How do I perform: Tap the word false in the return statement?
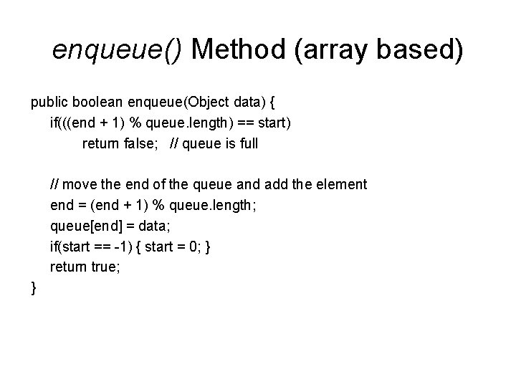point(142,143)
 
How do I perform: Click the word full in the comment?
point(247,143)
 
